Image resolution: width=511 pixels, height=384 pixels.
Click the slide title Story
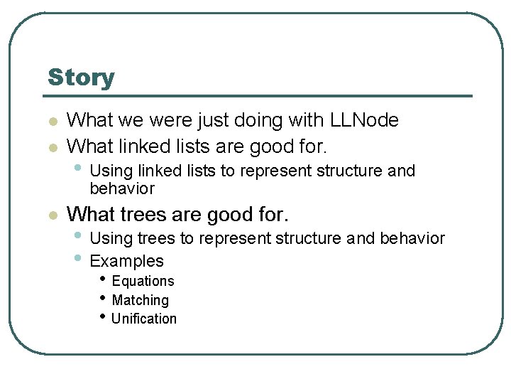(x=81, y=78)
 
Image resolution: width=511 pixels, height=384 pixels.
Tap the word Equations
(x=143, y=281)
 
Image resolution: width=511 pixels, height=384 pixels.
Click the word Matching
(x=141, y=300)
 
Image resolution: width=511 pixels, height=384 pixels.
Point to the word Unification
(x=144, y=319)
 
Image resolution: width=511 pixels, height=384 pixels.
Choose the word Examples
(x=127, y=261)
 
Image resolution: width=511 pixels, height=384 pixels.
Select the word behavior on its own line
(x=122, y=188)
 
